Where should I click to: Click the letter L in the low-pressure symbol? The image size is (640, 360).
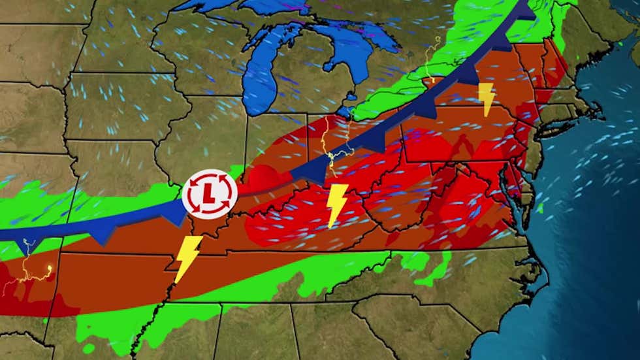(208, 194)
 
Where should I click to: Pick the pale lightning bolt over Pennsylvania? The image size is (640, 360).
(486, 99)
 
